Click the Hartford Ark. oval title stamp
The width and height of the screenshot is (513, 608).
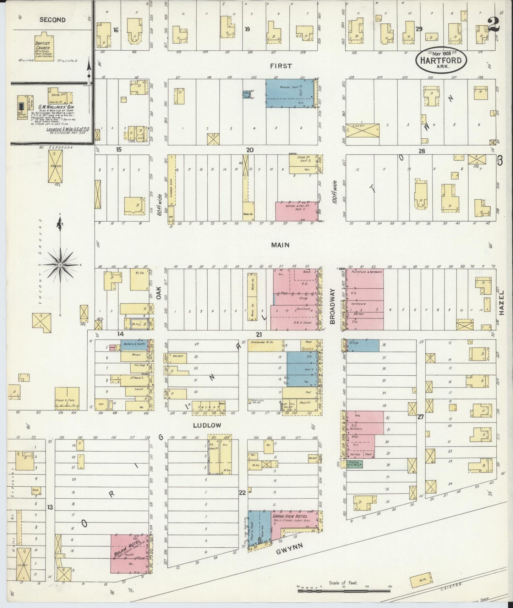tap(441, 60)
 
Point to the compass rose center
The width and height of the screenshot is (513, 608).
tap(60, 265)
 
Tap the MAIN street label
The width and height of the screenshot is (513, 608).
tap(280, 245)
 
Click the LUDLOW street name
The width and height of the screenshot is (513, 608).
tap(207, 425)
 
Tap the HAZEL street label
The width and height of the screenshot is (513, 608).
tap(501, 303)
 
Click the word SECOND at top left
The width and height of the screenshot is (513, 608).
tap(52, 20)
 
